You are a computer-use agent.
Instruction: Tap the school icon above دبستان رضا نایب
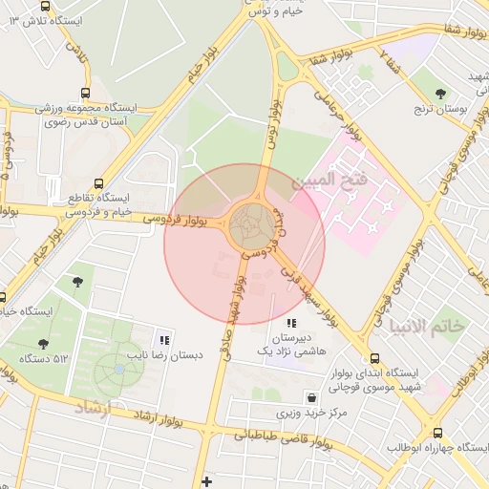(x=164, y=339)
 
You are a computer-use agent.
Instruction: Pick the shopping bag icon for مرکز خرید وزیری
(x=310, y=396)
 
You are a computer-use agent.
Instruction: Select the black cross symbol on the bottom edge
(x=206, y=480)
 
